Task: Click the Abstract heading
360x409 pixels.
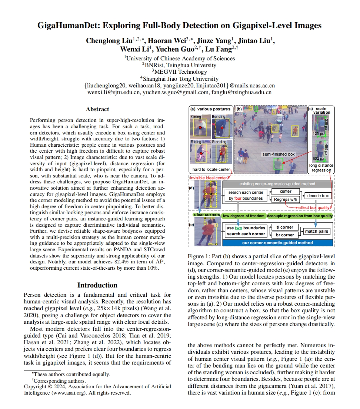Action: point(97,109)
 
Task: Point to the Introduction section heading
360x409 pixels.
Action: point(97,285)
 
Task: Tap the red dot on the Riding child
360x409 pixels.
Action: point(201,153)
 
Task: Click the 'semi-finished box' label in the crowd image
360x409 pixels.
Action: point(279,154)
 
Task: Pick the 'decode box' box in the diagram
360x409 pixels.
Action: point(317,196)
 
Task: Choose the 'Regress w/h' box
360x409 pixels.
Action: point(285,199)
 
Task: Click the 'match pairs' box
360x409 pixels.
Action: point(317,232)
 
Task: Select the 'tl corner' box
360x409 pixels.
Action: point(285,227)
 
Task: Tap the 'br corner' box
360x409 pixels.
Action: point(285,235)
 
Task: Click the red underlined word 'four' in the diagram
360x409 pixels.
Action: point(238,198)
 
